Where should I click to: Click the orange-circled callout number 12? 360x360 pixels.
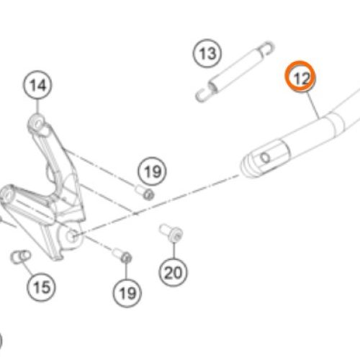tap(300, 76)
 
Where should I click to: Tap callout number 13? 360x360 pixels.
tap(207, 53)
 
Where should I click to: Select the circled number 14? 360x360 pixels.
tap(37, 85)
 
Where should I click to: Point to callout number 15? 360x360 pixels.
tap(41, 287)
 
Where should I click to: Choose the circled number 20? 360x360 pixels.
tap(173, 272)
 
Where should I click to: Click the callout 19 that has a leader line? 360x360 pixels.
tap(127, 293)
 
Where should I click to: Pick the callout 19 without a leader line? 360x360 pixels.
tap(152, 171)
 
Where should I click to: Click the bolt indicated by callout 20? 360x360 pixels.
tap(171, 233)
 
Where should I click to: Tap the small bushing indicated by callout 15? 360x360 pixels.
tap(20, 257)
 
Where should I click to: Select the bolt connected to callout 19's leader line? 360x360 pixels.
tap(122, 256)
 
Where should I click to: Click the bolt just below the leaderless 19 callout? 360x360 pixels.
tap(145, 192)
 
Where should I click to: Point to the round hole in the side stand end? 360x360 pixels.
tap(266, 158)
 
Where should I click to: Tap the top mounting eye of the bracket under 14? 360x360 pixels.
tap(37, 123)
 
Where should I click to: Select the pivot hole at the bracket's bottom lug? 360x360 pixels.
tap(72, 235)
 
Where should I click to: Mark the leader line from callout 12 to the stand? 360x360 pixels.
tap(313, 105)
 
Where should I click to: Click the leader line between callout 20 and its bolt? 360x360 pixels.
tap(174, 250)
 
